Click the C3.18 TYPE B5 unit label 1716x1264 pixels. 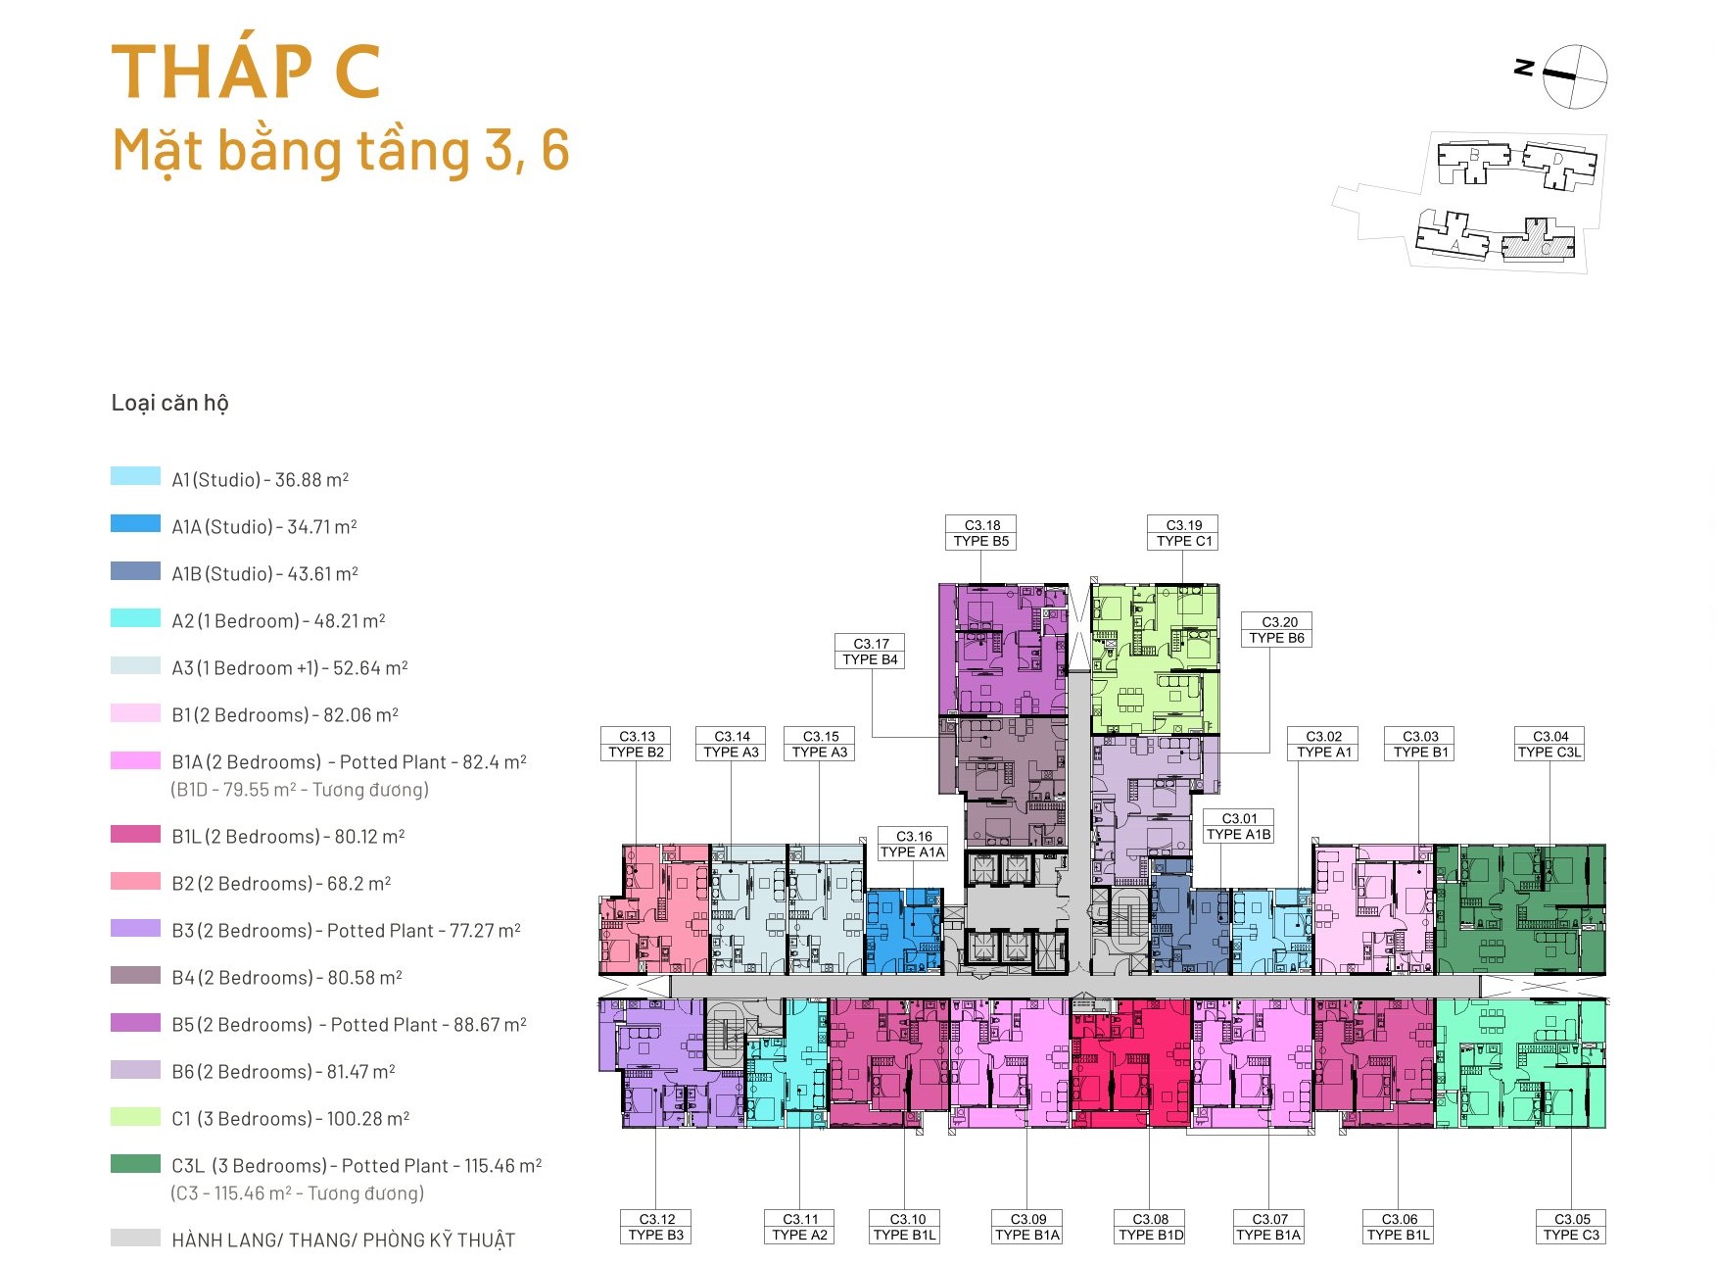click(981, 533)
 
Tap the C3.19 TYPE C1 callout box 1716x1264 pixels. click(1183, 533)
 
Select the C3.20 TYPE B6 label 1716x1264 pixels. click(1277, 630)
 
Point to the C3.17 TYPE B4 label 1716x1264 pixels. click(871, 652)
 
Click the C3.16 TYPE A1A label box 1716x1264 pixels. click(913, 845)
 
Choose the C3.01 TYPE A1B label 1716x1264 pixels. click(1239, 826)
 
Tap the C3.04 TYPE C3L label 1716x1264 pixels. click(1549, 744)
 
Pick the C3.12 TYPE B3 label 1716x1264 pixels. click(656, 1227)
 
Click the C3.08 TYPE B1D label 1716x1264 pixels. click(1151, 1227)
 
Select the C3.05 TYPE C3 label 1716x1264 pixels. click(1571, 1227)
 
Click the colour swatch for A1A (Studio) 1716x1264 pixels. click(135, 524)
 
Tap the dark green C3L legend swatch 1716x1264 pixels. click(135, 1163)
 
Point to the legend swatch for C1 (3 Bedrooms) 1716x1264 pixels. click(135, 1116)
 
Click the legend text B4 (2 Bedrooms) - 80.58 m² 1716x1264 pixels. click(287, 978)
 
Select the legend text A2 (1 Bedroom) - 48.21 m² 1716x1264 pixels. click(278, 621)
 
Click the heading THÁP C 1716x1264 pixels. click(246, 72)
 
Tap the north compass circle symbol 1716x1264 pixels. click(1575, 76)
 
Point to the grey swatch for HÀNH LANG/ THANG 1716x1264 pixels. click(135, 1238)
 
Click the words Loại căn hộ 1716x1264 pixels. click(169, 403)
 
